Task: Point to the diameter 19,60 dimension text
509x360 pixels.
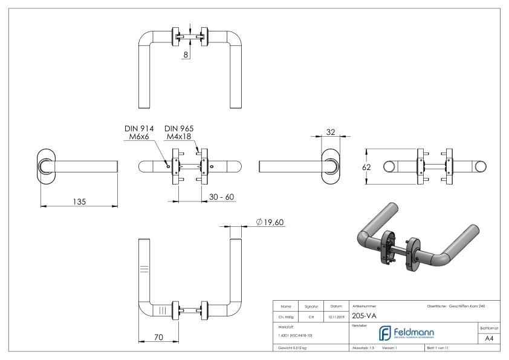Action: [x=270, y=222]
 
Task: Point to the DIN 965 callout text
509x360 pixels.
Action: [x=179, y=128]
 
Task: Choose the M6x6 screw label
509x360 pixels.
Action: [x=140, y=137]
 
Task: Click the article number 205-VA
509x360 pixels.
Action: [x=364, y=315]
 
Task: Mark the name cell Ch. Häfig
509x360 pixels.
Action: [x=287, y=315]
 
